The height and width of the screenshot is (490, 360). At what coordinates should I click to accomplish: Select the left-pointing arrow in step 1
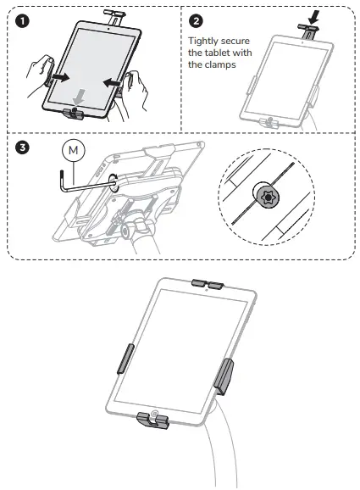pyautogui.click(x=114, y=83)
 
